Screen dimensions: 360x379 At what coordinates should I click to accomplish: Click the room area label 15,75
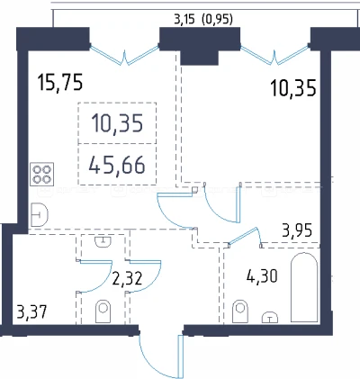coord(60,83)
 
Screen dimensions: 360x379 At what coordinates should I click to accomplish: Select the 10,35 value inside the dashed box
coord(117,123)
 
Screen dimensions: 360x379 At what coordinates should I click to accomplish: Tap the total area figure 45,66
coord(117,165)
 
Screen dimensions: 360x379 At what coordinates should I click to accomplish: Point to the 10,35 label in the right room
coord(293,88)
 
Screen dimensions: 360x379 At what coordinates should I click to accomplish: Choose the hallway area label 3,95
coord(297,230)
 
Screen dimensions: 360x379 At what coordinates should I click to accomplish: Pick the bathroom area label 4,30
coord(262,276)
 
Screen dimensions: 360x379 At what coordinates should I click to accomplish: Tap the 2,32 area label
coord(127,278)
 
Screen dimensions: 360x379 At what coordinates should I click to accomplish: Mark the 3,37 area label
coord(31,312)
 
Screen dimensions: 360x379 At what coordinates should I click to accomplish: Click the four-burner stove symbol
coord(42,175)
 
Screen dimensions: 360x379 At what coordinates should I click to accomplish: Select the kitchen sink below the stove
coord(40,214)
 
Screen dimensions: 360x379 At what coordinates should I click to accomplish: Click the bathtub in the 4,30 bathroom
coord(304,287)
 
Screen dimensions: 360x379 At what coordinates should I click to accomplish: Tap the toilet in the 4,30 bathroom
coord(240,311)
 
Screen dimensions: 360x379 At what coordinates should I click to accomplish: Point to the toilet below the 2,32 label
coord(103,311)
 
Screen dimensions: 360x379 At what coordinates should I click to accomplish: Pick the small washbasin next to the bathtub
coord(270,317)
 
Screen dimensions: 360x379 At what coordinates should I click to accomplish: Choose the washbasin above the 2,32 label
coord(103,241)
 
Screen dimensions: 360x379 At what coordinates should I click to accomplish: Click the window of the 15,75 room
coord(124,55)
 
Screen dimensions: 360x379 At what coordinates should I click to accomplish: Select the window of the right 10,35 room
coord(274,55)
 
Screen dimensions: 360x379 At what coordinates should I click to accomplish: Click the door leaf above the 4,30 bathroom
coord(243,236)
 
